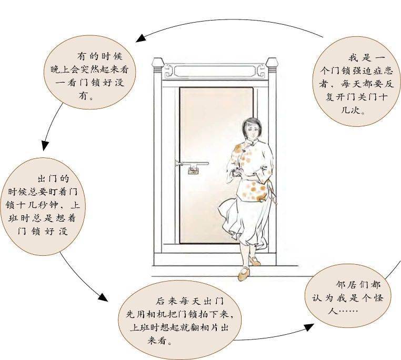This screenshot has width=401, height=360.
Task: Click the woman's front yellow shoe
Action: click(244, 273)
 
